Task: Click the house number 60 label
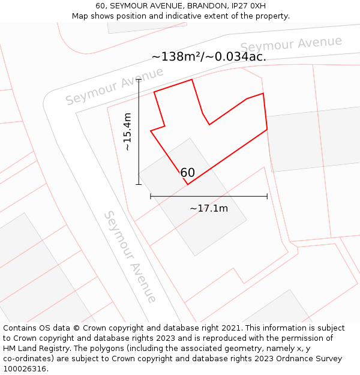(188, 173)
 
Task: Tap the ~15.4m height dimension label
(127, 132)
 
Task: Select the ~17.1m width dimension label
(209, 208)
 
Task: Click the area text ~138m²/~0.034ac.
(209, 57)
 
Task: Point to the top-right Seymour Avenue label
(291, 44)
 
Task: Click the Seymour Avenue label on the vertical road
(130, 256)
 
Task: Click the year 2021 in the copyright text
(230, 328)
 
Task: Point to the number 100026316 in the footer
(25, 368)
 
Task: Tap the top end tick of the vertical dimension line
(139, 79)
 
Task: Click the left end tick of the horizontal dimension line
(151, 196)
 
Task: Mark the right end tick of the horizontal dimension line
(267, 196)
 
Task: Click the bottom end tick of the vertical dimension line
(139, 184)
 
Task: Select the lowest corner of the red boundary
(188, 184)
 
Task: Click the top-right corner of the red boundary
(263, 93)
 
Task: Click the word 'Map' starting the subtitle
(81, 16)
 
